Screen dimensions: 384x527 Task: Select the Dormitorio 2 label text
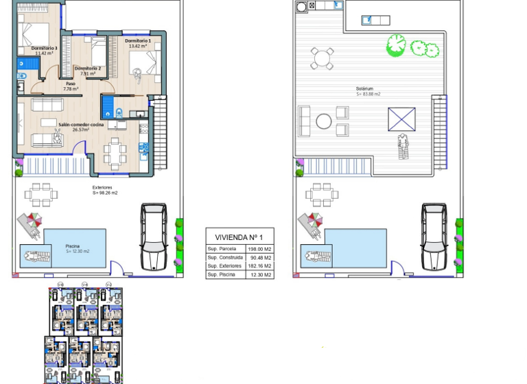point(88,69)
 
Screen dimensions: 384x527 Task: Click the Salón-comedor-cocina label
point(81,124)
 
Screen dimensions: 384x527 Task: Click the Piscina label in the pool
point(72,245)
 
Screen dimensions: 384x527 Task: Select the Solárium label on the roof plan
point(364,89)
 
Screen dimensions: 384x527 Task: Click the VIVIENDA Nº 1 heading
point(239,236)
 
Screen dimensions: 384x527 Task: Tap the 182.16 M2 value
point(261,265)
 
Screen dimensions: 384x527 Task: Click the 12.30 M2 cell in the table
point(261,274)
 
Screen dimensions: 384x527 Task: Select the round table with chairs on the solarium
point(320,58)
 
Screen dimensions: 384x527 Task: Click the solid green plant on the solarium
point(396,45)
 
